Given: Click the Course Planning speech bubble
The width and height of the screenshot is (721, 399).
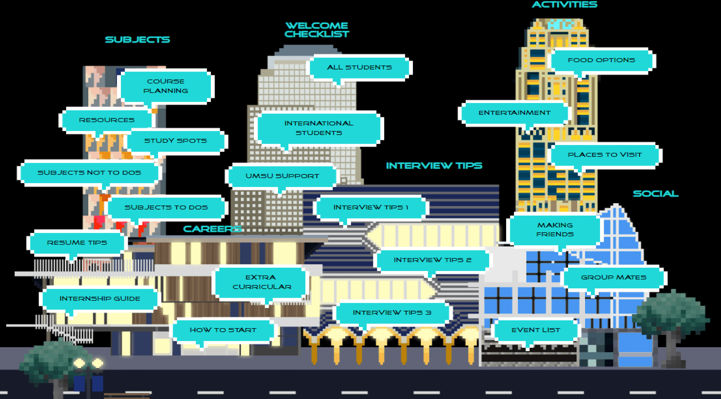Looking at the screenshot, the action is pos(166,86).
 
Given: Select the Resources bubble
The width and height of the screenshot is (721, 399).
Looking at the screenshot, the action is pos(107,120).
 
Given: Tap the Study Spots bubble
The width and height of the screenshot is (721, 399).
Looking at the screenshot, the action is pos(175,141).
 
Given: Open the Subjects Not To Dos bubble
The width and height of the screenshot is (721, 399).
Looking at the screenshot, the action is pos(89,173).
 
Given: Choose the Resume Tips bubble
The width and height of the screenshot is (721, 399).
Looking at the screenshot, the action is pos(77,243).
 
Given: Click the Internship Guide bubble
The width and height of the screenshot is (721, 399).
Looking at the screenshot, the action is pos(100,299).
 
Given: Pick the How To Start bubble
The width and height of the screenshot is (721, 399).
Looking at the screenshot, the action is pos(223,330).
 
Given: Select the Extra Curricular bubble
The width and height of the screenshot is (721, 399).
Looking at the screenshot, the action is pos(262,282).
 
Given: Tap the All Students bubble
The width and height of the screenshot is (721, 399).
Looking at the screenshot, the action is pos(359,68).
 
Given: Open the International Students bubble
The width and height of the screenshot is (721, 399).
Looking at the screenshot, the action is pos(319,128).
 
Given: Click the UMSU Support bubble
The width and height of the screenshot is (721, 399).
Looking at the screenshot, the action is pos(282,176).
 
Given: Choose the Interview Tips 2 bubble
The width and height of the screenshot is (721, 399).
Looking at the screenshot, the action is pos(432,260).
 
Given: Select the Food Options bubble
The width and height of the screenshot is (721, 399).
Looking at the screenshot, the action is pos(601,60).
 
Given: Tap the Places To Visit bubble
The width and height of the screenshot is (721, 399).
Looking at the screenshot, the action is pos(605,155).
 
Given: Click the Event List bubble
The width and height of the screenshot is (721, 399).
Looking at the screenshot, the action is pos(536,330).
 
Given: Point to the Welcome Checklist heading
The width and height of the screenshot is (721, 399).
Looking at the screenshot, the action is pos(317,30).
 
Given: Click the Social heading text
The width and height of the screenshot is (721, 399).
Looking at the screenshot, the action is pos(656,194).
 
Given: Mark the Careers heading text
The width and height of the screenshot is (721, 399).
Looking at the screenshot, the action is pos(212,229).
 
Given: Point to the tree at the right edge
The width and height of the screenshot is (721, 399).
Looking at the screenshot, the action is pos(673,317).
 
